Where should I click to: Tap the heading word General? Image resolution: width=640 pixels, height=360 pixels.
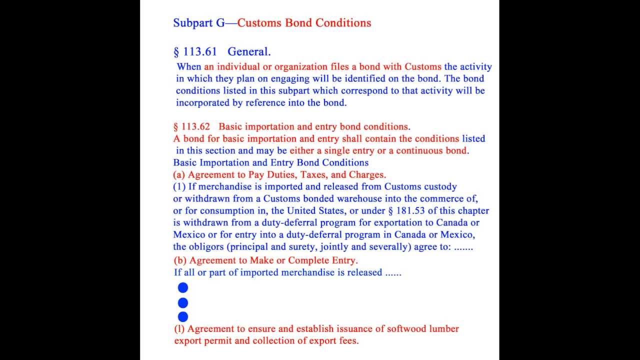click(249, 51)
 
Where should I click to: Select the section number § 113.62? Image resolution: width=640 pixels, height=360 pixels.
click(192, 126)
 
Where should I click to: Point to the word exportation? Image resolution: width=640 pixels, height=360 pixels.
click(398, 222)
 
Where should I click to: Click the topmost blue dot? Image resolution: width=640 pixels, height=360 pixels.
click(183, 287)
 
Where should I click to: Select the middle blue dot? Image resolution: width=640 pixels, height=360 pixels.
click(183, 302)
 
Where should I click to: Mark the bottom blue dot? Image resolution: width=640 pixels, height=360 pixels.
click(183, 316)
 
